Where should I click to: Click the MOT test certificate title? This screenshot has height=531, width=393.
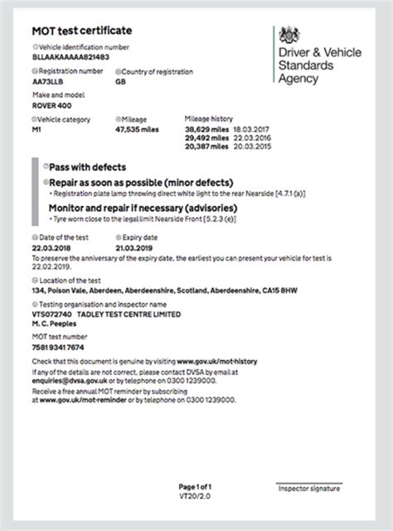click(81, 31)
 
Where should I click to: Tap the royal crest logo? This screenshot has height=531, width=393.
click(289, 36)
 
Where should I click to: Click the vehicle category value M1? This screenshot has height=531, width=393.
click(38, 131)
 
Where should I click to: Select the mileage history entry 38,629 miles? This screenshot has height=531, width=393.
click(206, 130)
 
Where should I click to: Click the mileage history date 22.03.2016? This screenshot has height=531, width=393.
click(256, 138)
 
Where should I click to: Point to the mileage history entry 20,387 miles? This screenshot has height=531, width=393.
click(206, 145)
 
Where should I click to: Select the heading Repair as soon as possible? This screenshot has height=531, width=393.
click(139, 182)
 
